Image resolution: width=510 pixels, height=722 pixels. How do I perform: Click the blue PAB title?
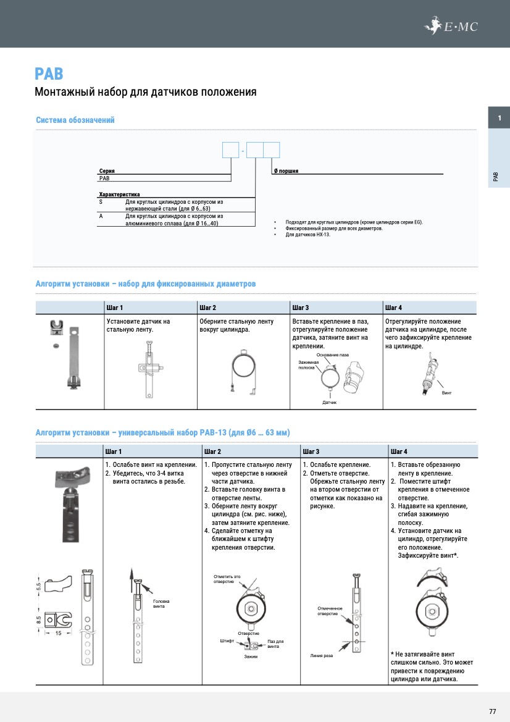[49, 74]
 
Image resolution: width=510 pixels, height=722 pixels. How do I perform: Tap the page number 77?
[492, 712]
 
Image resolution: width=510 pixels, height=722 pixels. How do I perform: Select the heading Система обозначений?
[75, 120]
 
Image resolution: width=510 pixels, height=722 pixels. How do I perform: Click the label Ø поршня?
[286, 170]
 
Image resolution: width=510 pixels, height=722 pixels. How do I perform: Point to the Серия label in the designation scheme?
[107, 170]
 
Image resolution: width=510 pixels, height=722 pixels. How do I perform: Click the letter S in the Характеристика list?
[101, 201]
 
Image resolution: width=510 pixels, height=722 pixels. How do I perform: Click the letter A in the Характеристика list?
[101, 216]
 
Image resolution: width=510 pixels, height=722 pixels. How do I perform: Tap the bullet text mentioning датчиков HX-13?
[307, 235]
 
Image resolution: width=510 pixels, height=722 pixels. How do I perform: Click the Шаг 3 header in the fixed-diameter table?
[301, 308]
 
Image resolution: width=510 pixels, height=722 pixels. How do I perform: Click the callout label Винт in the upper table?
[448, 393]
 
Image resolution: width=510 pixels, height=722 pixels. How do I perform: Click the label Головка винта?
[161, 604]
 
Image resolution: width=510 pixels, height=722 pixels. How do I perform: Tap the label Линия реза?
[322, 655]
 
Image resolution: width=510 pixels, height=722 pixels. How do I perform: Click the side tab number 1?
[499, 118]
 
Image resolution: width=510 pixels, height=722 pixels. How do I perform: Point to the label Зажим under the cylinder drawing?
[251, 656]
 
